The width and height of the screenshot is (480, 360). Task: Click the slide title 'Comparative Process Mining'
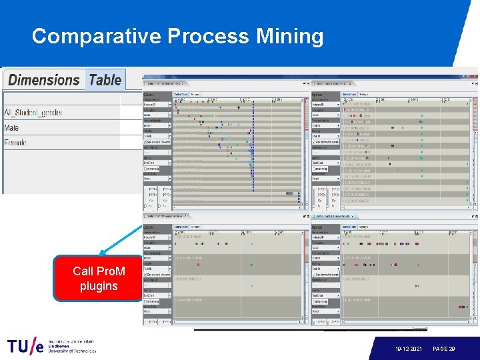pos(177,36)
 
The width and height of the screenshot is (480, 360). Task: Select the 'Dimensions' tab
pos(44,80)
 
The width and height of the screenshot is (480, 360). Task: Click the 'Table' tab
pos(105,80)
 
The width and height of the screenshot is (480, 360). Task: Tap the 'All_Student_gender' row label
pos(33,113)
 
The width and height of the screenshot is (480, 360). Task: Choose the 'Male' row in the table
pos(12,128)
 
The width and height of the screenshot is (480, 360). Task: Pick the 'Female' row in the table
pos(16,143)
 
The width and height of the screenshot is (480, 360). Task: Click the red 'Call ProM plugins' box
pos(99,279)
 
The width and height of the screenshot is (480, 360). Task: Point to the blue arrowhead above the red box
pos(102,253)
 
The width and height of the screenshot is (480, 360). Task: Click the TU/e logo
pos(25,346)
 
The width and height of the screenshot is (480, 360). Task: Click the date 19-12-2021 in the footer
pos(409,348)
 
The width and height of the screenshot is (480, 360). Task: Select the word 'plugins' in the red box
pos(99,287)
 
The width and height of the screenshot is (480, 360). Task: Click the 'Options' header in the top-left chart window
pos(149,95)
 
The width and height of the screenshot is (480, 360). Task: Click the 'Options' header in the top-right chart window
pos(318,95)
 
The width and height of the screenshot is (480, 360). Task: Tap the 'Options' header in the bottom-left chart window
pos(149,227)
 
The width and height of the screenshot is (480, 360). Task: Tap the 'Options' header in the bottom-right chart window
pos(318,227)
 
